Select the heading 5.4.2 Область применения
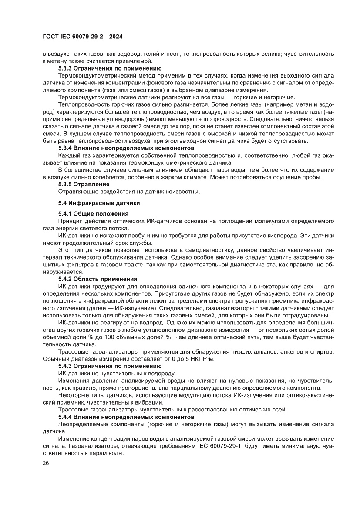tap(98, 279)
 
